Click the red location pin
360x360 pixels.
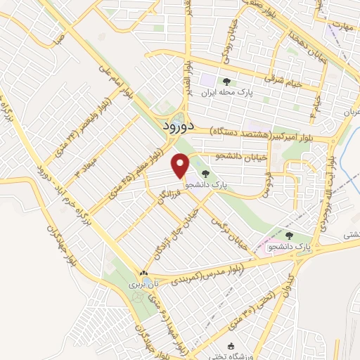181,165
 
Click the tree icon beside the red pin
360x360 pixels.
205,174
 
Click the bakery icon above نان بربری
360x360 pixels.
143,274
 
